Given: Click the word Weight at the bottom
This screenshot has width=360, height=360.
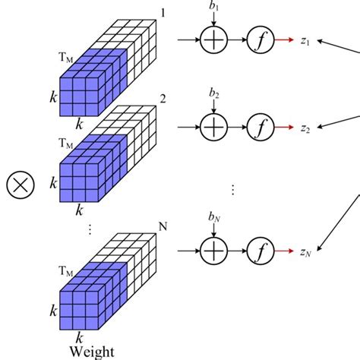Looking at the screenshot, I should click(90, 351).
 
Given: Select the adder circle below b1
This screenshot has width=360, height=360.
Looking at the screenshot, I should click(214, 41).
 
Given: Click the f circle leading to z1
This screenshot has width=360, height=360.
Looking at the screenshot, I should click(260, 41).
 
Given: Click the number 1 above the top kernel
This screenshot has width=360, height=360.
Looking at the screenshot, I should click(162, 12).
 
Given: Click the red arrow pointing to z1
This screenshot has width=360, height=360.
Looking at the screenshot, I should click(286, 41).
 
